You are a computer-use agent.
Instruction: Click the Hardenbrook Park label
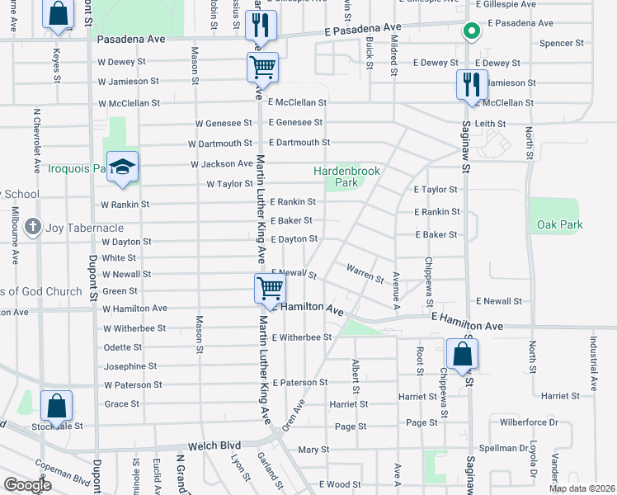tap(346, 177)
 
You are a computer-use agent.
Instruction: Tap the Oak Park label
tap(559, 224)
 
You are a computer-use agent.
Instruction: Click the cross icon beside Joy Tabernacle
tap(32, 227)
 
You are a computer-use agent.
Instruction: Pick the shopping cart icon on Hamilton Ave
tap(270, 290)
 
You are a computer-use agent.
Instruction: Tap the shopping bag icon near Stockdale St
tap(56, 407)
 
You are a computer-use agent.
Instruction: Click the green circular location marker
tap(471, 33)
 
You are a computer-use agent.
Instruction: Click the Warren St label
tap(365, 274)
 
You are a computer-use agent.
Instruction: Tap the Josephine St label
tap(130, 366)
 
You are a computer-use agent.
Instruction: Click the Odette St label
tap(124, 347)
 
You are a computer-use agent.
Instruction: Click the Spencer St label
tap(562, 43)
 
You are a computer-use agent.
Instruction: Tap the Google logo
tap(26, 484)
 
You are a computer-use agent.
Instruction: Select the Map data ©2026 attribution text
tap(581, 488)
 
